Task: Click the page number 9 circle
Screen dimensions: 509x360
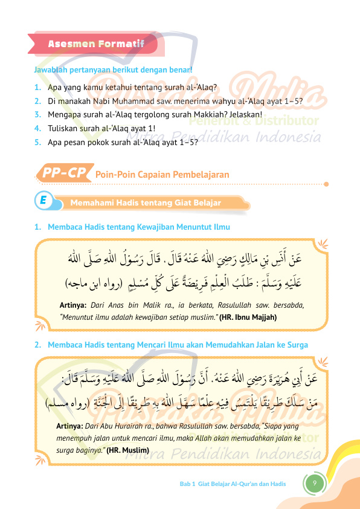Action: (x=314, y=484)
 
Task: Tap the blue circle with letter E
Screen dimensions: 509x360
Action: (x=44, y=202)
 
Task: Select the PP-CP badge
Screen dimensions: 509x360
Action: (x=63, y=173)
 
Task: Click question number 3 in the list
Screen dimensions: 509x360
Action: (x=37, y=114)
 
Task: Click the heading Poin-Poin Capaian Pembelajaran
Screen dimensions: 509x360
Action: (x=162, y=174)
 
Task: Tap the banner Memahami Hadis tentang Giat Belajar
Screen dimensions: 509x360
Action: (x=145, y=203)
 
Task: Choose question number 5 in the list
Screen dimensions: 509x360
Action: (x=37, y=143)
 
